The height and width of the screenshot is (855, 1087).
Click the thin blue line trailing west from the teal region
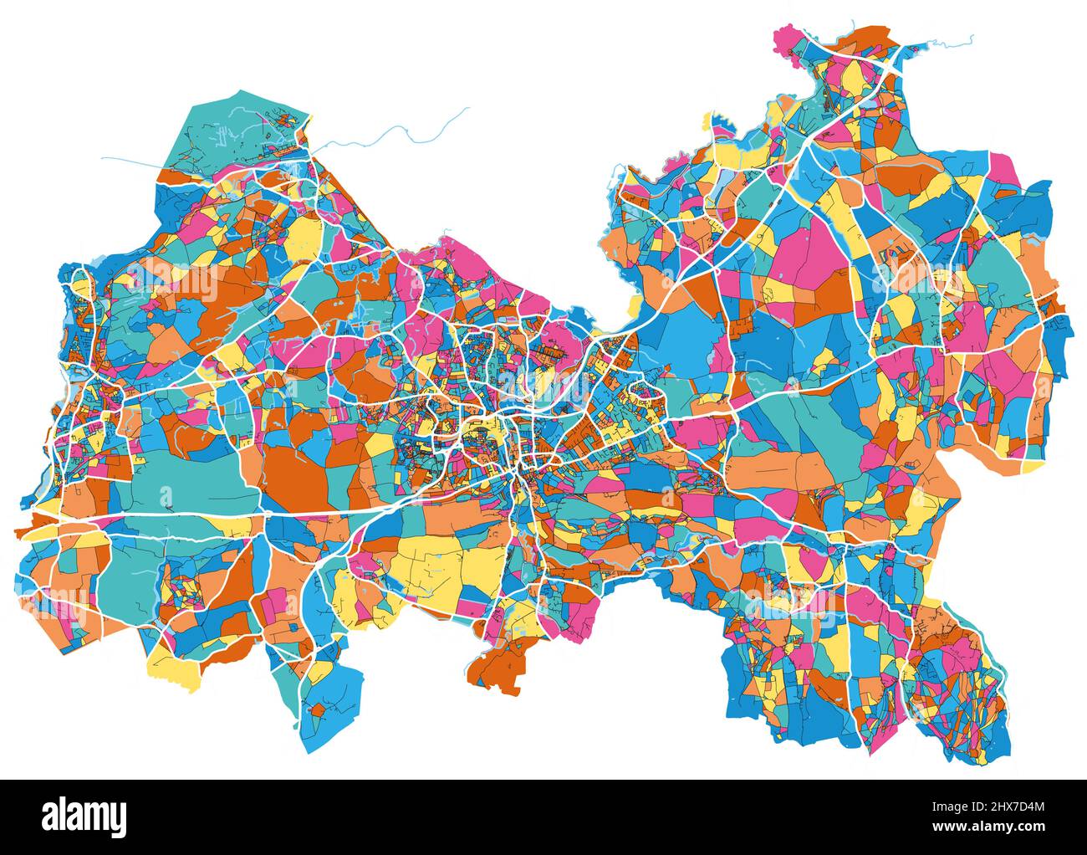(x=134, y=160)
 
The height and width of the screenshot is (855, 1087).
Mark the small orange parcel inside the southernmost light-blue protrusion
(x=317, y=710)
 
